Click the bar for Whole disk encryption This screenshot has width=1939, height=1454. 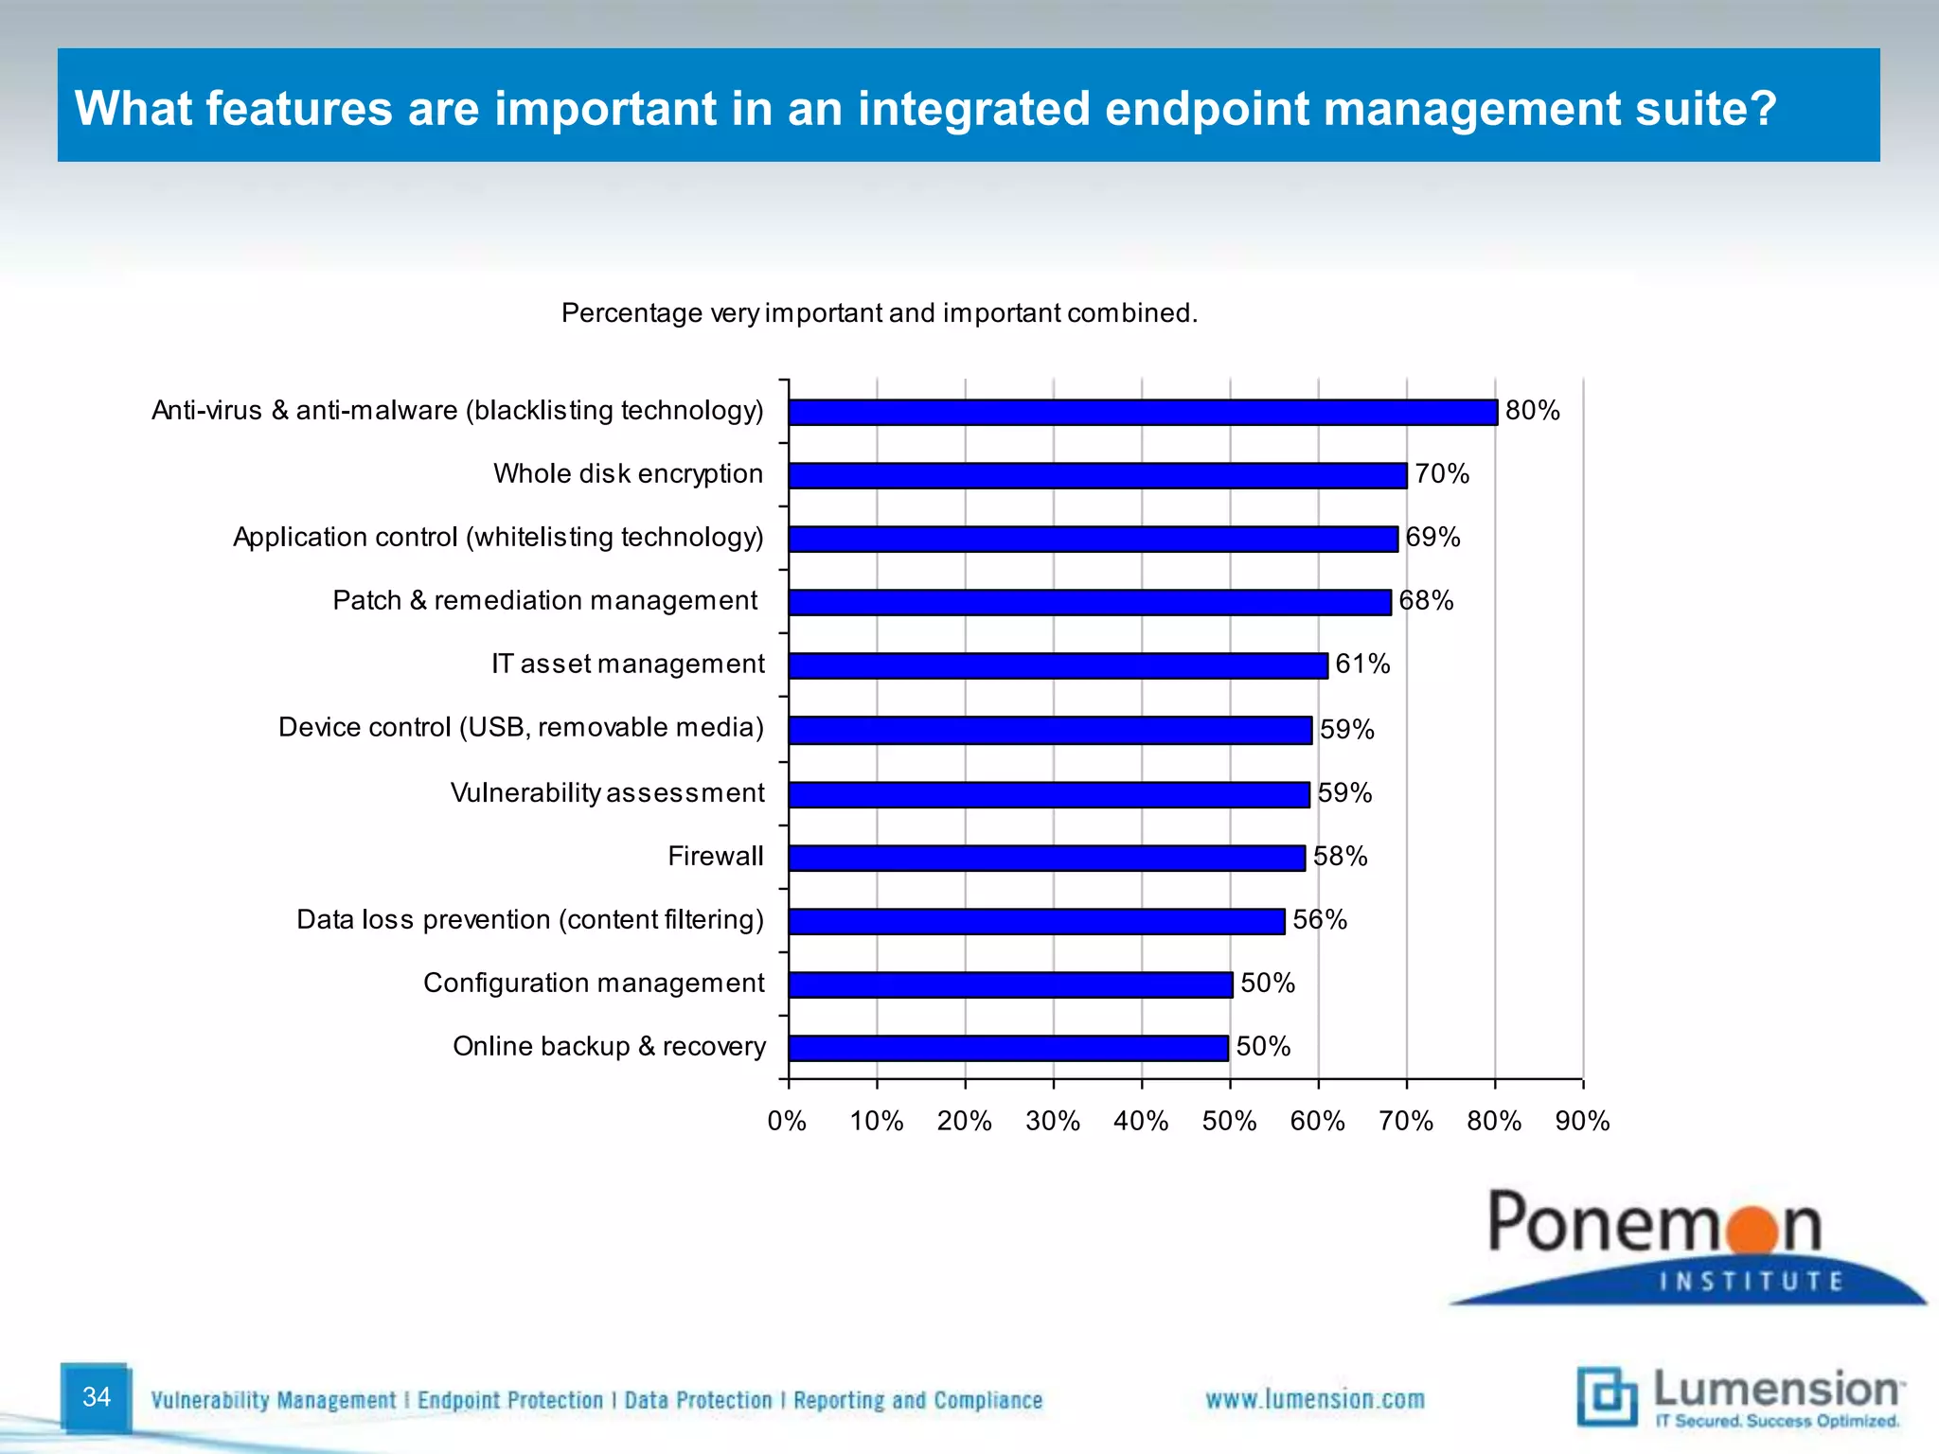[1097, 475]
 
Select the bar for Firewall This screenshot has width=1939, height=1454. [1046, 858]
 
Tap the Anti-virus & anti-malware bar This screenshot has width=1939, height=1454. [1143, 412]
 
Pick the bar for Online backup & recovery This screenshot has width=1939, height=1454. [1007, 1048]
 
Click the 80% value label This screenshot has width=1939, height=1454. [1532, 411]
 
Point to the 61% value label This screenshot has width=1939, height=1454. [1362, 665]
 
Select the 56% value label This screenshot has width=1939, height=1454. [1319, 920]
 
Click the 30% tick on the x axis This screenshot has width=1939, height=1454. [1053, 1122]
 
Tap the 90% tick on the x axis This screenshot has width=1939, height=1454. [1582, 1122]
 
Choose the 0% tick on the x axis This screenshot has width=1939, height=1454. [787, 1122]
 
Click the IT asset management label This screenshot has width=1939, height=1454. [627, 665]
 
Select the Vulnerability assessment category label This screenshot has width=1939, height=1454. [607, 793]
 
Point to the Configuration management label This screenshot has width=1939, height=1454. [594, 984]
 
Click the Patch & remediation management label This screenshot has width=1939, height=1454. [544, 601]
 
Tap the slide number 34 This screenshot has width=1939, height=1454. [97, 1397]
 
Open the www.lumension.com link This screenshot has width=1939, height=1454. [1314, 1400]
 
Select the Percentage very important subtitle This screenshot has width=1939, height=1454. [879, 313]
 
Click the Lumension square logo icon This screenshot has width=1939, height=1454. [1607, 1396]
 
